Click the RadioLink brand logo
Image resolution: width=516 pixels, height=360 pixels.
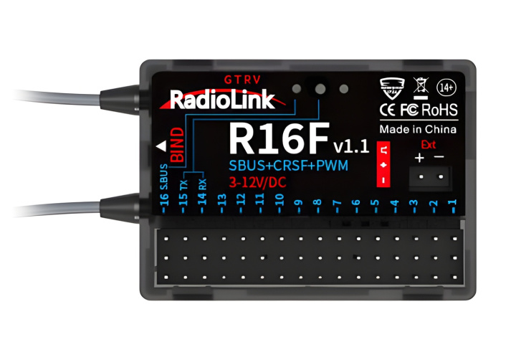222,99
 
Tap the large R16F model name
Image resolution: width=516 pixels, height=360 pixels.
279,138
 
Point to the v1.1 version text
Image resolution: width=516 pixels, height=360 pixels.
351,146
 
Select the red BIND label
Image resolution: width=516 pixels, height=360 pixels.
178,146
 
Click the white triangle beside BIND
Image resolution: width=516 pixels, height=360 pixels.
161,146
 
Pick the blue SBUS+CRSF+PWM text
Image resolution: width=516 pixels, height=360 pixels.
288,166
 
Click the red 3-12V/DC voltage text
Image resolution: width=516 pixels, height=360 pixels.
257,182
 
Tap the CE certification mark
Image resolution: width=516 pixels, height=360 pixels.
387,110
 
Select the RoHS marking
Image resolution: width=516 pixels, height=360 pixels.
439,110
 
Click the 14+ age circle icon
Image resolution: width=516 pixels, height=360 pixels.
446,87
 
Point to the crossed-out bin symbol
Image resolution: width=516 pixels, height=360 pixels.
421,88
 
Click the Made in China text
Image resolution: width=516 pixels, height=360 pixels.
418,129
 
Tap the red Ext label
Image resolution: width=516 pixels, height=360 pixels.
428,145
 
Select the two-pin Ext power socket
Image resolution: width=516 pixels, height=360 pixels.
431,177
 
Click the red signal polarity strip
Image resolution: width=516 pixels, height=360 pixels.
383,164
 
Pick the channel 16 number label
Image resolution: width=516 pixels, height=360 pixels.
164,199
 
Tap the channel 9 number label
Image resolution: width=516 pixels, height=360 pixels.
299,203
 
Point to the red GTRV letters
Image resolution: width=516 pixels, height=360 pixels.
242,80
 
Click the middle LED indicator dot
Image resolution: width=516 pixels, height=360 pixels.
320,89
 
